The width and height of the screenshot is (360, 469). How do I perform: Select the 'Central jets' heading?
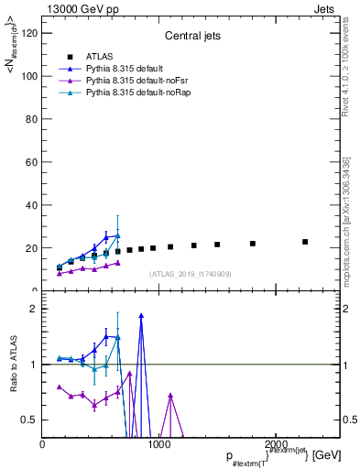coord(191,37)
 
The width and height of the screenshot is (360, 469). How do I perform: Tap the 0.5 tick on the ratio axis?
coord(30,420)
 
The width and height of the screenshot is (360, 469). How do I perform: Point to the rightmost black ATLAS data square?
coord(305,242)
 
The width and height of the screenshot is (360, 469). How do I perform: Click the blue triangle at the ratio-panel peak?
coord(141,315)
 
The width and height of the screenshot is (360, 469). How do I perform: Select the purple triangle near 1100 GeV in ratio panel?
coord(170,396)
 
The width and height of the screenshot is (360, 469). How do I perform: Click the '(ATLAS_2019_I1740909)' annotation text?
coord(191,274)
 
